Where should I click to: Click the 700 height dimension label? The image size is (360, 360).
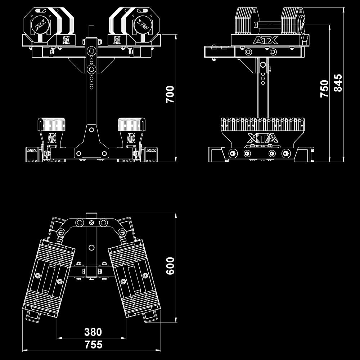tap(170, 94)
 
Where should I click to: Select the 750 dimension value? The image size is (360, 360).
tap(324, 88)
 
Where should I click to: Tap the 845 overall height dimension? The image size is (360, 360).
tap(338, 83)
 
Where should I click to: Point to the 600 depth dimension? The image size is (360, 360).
tap(170, 265)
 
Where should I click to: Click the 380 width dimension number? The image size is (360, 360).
tap(93, 332)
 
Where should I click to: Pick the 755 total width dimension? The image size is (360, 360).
tap(94, 345)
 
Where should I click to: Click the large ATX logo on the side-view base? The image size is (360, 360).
tap(262, 138)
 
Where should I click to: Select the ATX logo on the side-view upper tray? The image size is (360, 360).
tap(265, 40)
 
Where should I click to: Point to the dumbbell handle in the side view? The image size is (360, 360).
tap(267, 25)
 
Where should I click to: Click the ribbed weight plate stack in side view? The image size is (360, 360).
tap(262, 124)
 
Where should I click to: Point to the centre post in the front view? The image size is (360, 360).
tap(91, 94)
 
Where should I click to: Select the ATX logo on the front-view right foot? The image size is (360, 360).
tap(152, 150)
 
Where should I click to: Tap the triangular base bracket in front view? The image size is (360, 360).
tap(91, 142)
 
